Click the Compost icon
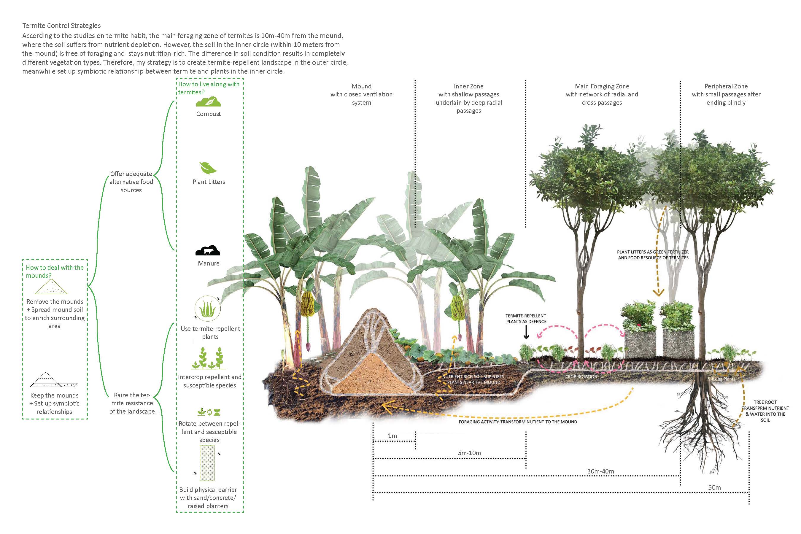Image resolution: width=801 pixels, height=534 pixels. [x=209, y=102]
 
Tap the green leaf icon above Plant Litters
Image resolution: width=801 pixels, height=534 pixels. [x=208, y=168]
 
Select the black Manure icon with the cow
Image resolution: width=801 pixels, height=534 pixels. [x=208, y=250]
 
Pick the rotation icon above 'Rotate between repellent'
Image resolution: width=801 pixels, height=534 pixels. [x=209, y=412]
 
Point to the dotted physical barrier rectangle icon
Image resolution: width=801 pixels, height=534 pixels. [x=207, y=463]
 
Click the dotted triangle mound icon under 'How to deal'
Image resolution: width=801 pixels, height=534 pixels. [x=51, y=287]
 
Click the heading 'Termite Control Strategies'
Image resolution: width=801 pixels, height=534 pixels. [x=61, y=26]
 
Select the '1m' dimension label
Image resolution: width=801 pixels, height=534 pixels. [x=392, y=436]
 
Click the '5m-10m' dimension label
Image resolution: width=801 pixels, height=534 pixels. [x=469, y=453]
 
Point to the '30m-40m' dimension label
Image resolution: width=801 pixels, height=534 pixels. [x=600, y=471]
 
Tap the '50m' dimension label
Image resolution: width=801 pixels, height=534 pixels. [x=714, y=487]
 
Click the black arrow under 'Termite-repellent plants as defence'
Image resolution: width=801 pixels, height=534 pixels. [x=526, y=332]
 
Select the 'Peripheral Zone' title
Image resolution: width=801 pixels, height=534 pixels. [x=726, y=86]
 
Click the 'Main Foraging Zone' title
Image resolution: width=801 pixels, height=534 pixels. [x=602, y=86]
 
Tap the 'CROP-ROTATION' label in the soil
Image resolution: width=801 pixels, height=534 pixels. [x=581, y=377]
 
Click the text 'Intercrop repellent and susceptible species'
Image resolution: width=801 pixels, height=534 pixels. [x=209, y=381]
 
